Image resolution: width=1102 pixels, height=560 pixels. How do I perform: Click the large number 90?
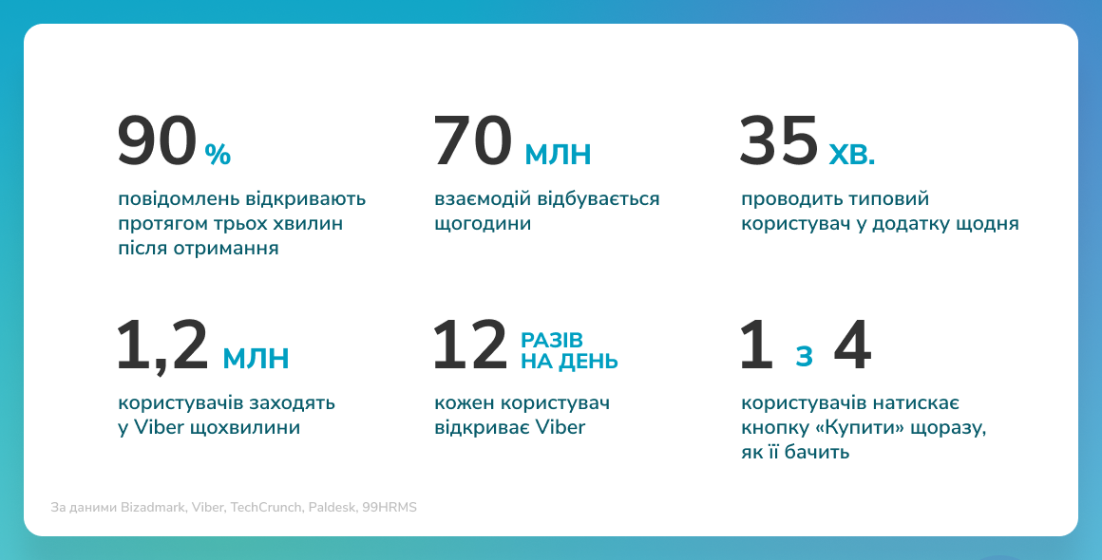click(157, 141)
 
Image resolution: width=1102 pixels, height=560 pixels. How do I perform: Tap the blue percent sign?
click(218, 155)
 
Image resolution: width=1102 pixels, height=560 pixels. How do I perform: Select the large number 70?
click(472, 141)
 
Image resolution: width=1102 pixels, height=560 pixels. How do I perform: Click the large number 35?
click(779, 141)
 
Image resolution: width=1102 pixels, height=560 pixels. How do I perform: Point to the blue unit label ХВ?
click(852, 155)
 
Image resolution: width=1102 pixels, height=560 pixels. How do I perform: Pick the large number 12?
click(469, 345)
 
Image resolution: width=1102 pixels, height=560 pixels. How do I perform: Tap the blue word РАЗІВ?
click(552, 341)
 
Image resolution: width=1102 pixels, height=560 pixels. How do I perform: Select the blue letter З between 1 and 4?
click(804, 357)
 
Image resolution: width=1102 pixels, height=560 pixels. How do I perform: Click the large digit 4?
click(852, 345)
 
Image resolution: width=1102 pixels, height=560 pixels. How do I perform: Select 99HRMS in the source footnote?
click(389, 507)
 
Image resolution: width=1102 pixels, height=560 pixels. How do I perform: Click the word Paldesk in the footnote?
click(332, 507)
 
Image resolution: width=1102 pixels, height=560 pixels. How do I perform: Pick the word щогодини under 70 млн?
click(483, 225)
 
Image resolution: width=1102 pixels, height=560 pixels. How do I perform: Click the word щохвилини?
click(245, 428)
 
